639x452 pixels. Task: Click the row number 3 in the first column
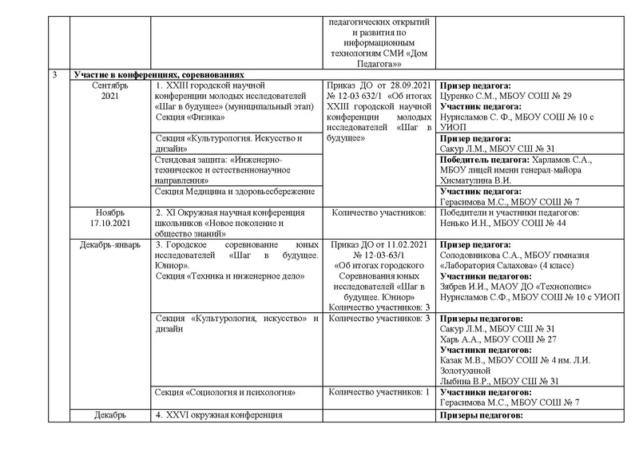point(54,74)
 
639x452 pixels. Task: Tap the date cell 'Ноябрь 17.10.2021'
point(109,217)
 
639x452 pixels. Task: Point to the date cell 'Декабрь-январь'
point(109,245)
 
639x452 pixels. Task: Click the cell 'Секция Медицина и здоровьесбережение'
point(236,191)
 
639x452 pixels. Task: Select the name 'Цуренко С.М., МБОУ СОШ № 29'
point(504,95)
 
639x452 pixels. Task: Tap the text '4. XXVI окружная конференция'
point(220,416)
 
